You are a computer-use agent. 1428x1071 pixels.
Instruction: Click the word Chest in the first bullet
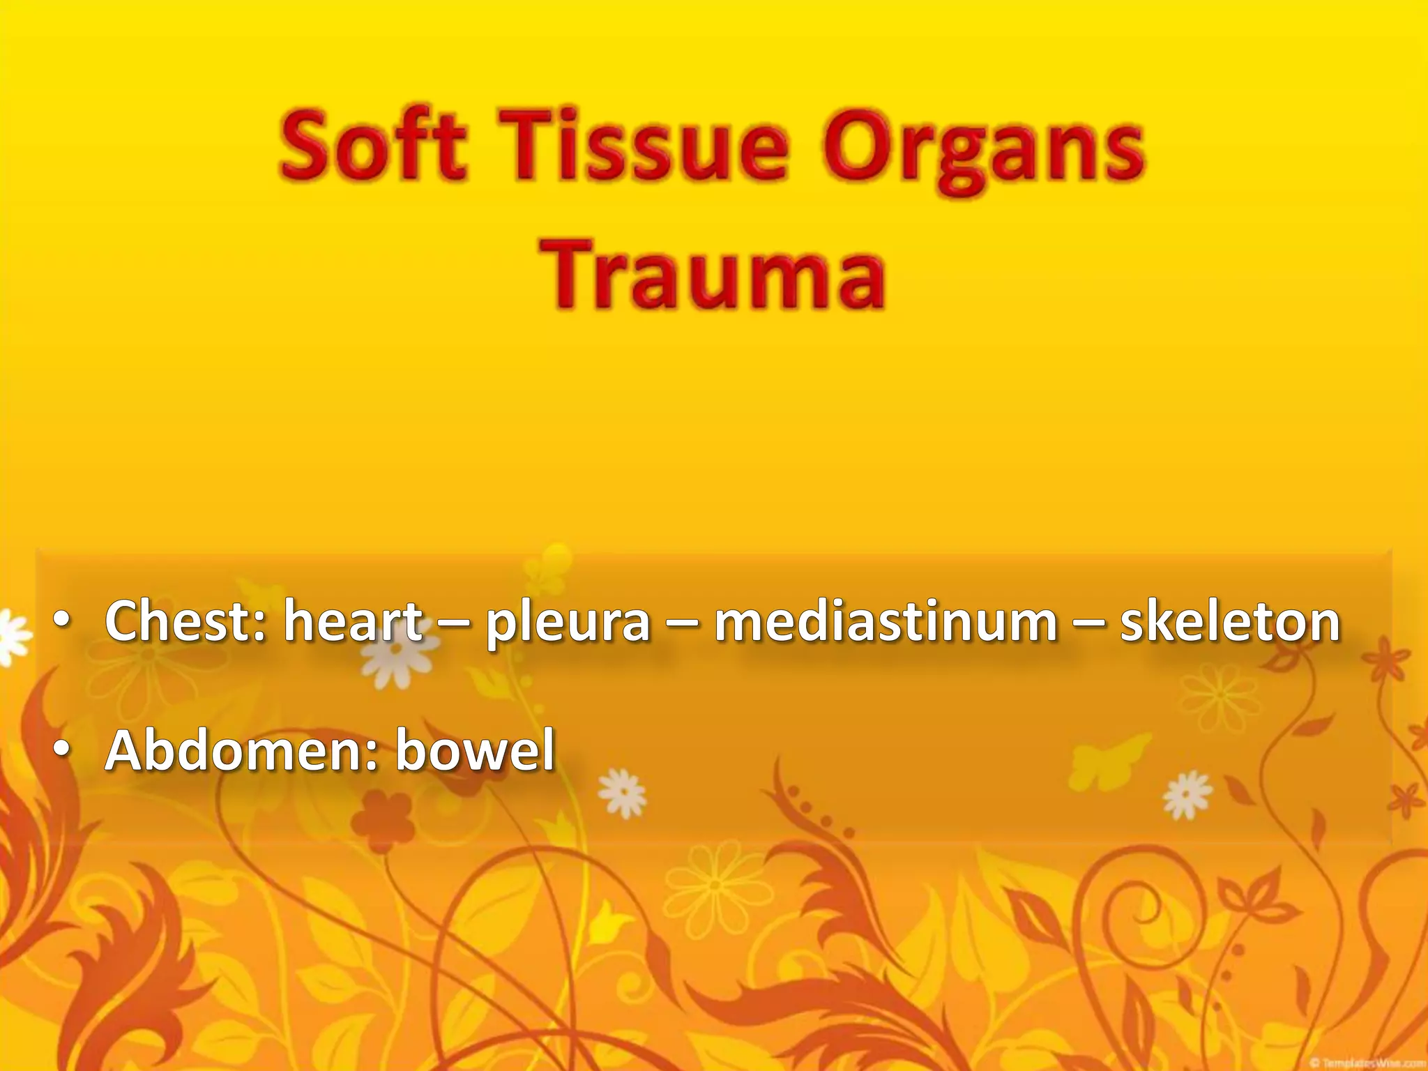(185, 621)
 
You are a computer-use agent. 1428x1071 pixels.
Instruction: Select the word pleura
(568, 624)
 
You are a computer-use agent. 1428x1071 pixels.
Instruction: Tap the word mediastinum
(886, 621)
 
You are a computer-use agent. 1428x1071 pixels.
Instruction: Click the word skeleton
(1230, 621)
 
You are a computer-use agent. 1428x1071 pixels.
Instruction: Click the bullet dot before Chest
(63, 622)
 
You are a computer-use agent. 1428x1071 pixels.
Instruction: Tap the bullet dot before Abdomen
(63, 752)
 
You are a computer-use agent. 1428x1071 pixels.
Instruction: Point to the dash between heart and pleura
(454, 623)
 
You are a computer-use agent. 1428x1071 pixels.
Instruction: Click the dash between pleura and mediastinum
(683, 623)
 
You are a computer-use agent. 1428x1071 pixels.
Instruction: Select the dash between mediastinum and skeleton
(1088, 623)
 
